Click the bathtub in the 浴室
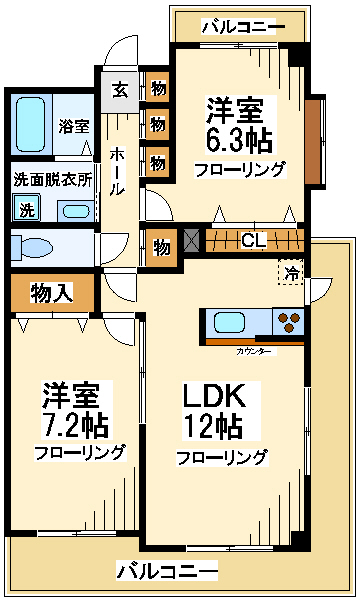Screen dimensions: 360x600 30,124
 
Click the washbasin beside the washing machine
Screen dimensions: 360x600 75,211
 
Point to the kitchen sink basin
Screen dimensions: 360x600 229,322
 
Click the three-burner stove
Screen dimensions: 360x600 288,322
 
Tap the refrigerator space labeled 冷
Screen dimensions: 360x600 291,272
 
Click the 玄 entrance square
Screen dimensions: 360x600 120,91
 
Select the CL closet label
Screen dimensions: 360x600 253,240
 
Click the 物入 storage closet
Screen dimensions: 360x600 52,293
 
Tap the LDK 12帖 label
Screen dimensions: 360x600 214,411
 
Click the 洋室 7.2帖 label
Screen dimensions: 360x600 74,410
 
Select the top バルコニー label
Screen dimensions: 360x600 243,27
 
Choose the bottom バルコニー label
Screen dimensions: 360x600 167,571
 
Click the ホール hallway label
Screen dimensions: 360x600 117,171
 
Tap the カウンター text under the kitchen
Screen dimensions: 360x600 254,351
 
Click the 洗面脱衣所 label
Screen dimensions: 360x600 53,179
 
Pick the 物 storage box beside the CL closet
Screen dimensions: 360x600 161,248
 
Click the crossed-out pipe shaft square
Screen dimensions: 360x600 192,240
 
